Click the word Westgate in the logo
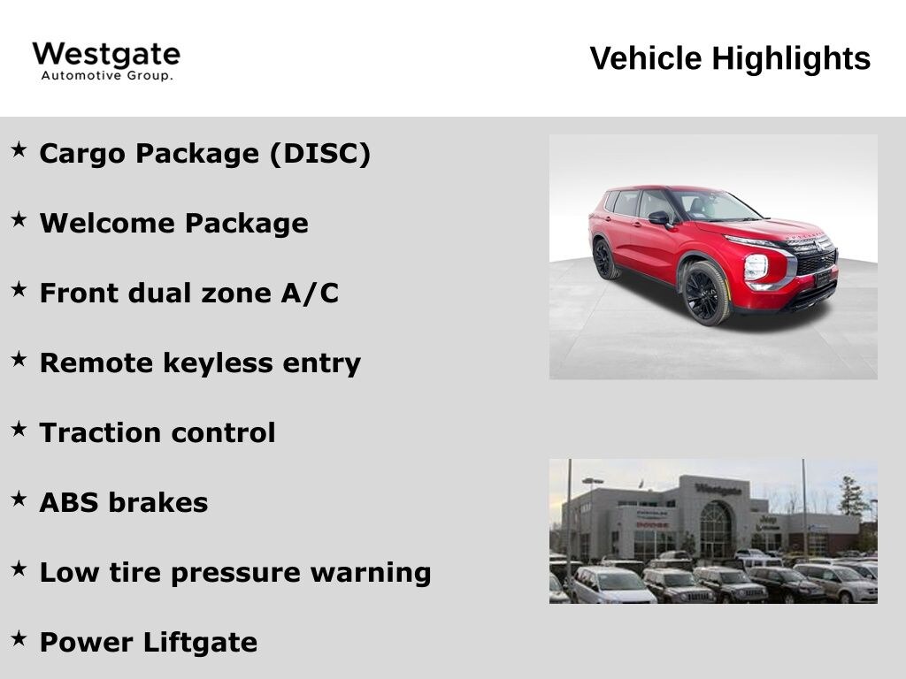click(x=106, y=56)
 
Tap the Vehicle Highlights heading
click(x=730, y=58)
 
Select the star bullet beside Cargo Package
click(x=19, y=149)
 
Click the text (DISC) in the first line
click(x=319, y=154)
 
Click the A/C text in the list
click(x=310, y=293)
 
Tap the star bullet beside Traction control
click(x=19, y=429)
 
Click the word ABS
click(x=69, y=502)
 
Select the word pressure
click(x=235, y=573)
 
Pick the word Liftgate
click(x=200, y=642)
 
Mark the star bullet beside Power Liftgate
click(x=19, y=638)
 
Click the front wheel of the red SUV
click(x=705, y=294)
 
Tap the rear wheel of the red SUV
click(x=603, y=259)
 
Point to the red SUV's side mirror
click(x=659, y=218)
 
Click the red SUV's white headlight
click(x=756, y=267)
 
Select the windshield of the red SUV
click(x=715, y=205)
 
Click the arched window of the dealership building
click(x=716, y=530)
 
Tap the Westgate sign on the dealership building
click(x=718, y=490)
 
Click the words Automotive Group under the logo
click(x=107, y=76)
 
